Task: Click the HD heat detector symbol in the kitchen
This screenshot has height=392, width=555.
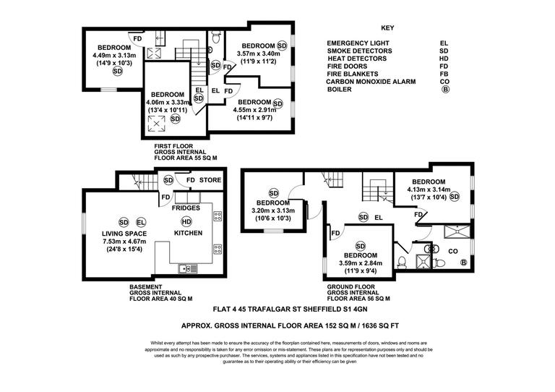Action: point(186,221)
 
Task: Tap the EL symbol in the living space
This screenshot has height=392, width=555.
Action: point(141,221)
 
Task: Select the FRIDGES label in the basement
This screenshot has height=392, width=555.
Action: point(186,208)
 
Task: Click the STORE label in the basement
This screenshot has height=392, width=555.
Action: point(210,180)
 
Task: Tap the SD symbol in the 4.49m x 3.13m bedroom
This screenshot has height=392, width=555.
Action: point(117,71)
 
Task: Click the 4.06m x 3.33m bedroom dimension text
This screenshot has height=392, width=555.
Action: point(169,103)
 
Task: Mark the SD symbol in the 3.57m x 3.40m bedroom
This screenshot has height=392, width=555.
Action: point(282,46)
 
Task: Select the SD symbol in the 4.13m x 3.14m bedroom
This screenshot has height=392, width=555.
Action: point(455,196)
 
